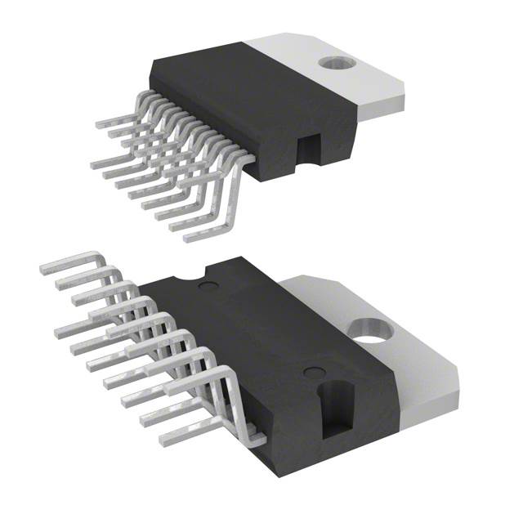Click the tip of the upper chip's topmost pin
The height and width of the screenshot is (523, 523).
pyautogui.click(x=99, y=124)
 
